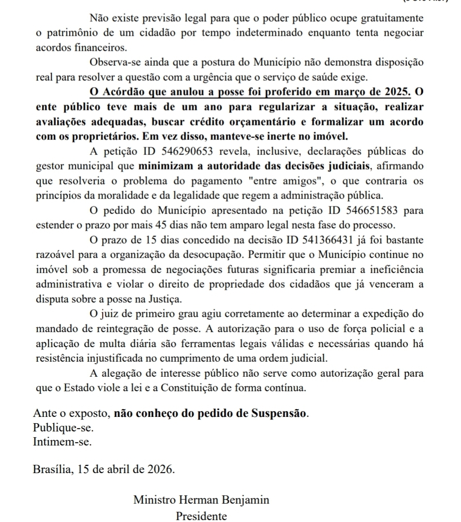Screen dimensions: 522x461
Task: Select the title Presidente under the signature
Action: (201, 516)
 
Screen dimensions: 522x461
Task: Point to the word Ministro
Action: (156, 500)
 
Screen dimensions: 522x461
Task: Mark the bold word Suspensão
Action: (279, 415)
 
